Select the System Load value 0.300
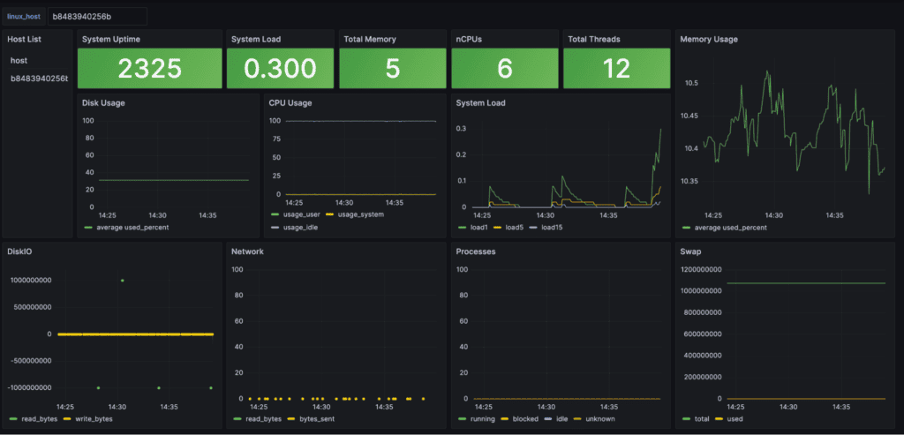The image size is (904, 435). click(x=280, y=69)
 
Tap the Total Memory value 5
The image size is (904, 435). click(x=392, y=69)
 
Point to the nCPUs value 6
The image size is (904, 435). click(x=504, y=69)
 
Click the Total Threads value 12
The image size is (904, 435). click(x=616, y=69)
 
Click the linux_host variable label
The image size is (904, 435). click(x=24, y=17)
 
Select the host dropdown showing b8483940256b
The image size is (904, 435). click(x=95, y=17)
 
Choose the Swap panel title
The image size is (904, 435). click(x=690, y=251)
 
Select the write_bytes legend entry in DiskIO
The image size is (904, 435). click(x=94, y=418)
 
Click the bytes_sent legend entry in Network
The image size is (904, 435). click(x=315, y=418)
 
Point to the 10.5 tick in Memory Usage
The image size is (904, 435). click(x=692, y=83)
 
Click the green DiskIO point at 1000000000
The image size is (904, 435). click(x=123, y=281)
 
